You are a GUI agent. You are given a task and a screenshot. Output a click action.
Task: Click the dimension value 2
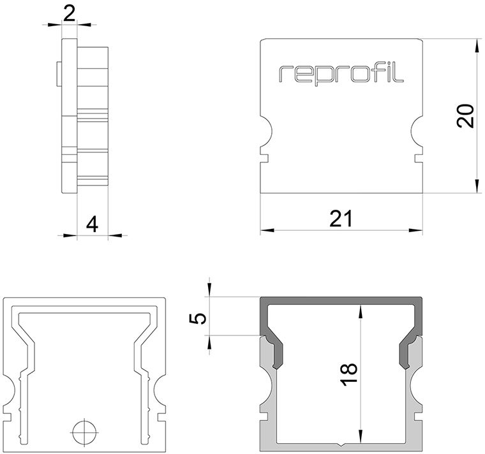(x=69, y=14)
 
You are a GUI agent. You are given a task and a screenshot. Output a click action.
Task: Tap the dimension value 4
(x=92, y=224)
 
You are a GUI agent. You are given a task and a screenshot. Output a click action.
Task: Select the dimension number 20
(x=465, y=116)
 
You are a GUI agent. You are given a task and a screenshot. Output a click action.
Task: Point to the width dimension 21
(x=341, y=219)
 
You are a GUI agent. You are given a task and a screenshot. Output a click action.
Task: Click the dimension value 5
(x=197, y=319)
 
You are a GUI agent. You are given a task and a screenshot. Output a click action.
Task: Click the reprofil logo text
(x=341, y=74)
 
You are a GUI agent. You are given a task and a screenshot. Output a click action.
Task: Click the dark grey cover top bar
(x=341, y=301)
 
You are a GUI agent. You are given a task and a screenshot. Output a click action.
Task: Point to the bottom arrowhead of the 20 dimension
(x=476, y=187)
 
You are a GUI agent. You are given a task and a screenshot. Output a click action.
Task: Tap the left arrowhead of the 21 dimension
(x=267, y=230)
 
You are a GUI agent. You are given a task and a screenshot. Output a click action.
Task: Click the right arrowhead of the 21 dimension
(x=415, y=230)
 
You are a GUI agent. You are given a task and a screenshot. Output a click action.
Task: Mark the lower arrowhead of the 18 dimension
(x=360, y=436)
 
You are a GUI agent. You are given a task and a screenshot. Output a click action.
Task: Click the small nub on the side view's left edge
(x=59, y=73)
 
